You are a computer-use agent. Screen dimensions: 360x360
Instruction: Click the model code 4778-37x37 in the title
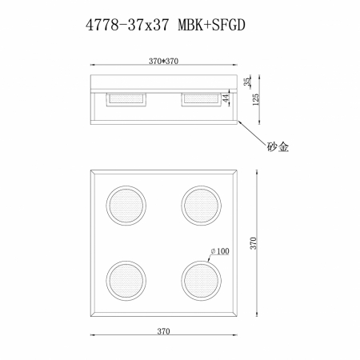coord(127,26)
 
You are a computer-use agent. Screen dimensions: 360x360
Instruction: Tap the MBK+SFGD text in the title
coord(211,26)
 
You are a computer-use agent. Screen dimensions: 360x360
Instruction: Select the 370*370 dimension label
coord(163,61)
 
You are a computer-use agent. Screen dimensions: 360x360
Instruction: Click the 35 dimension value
coord(247,82)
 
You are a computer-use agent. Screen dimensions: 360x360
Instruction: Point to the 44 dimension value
coord(226,98)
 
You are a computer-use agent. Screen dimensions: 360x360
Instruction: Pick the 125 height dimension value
coord(255,99)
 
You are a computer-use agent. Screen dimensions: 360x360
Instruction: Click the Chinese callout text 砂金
coord(278,146)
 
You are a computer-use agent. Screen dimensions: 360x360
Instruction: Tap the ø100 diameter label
coord(220,251)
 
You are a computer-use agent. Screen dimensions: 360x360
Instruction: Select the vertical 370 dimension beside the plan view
coord(254,243)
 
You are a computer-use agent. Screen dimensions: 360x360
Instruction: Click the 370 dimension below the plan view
coord(163,331)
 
